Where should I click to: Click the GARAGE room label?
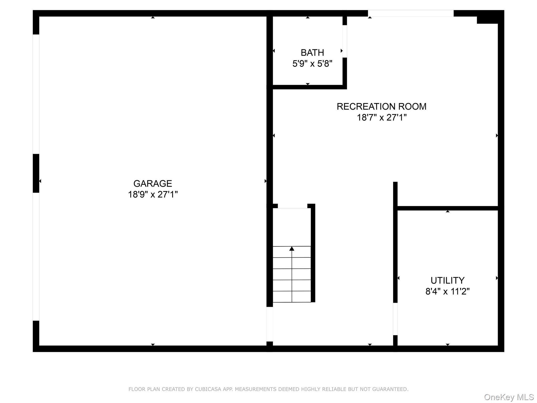pos(153,183)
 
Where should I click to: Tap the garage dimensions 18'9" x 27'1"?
pos(153,194)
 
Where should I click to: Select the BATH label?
pos(312,53)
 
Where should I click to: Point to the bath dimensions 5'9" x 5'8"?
pos(312,63)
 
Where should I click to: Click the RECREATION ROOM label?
pos(381,107)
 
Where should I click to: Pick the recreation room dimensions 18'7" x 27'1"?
pos(381,117)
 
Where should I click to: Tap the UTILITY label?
pos(447,280)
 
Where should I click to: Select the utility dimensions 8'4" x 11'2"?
pos(447,291)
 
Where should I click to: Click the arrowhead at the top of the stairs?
pos(292,248)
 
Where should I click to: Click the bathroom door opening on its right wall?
pos(345,41)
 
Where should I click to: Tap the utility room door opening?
pos(395,319)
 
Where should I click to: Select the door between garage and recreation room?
pos(270,324)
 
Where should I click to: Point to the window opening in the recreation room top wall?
pos(410,13)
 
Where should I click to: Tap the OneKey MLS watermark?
pos(509,397)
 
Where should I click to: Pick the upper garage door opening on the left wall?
pos(36,94)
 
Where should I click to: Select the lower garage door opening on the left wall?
pos(36,257)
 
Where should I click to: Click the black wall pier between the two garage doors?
pos(36,173)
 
